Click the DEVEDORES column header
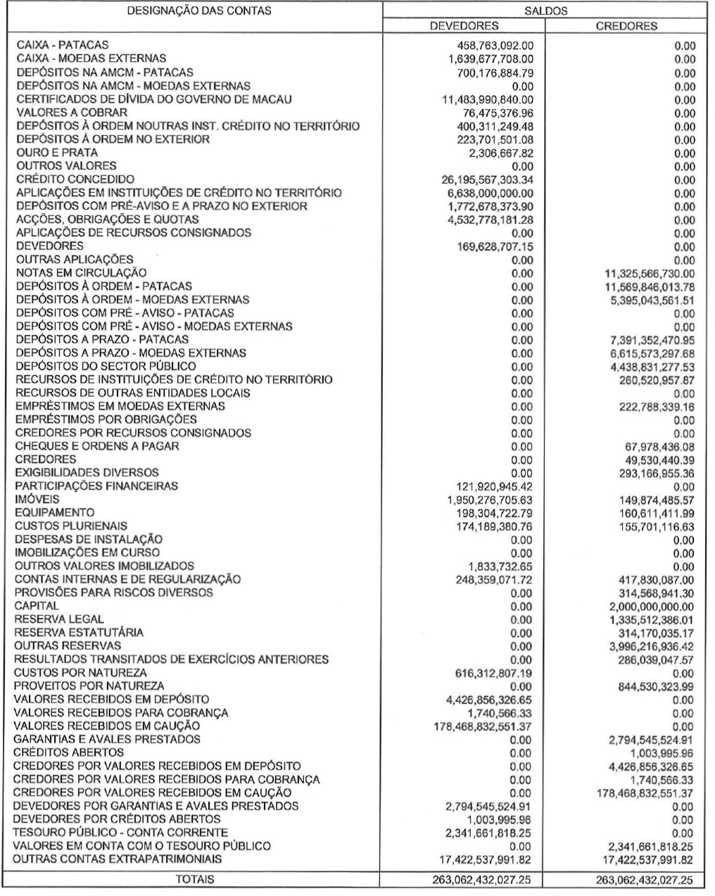[464, 26]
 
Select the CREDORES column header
[626, 26]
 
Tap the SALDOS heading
[545, 11]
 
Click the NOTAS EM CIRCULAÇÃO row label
[81, 272]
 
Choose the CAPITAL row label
[37, 606]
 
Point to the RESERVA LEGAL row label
[60, 619]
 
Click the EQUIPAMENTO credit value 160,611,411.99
[655, 513]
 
